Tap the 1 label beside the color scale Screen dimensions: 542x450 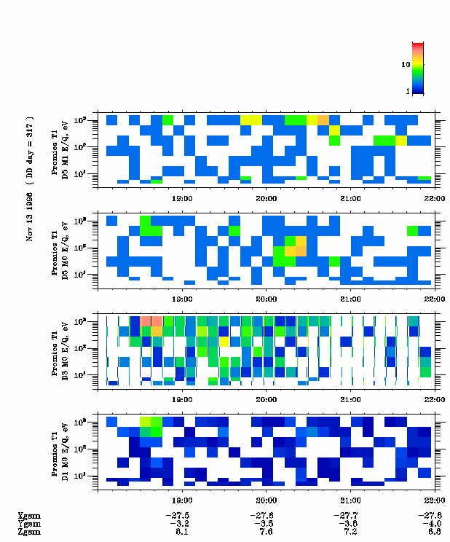[408, 92]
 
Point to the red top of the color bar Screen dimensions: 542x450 [418, 45]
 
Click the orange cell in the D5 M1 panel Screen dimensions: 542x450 [323, 119]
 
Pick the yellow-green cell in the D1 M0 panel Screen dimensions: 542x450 [145, 420]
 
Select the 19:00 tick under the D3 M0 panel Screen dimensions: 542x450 [181, 398]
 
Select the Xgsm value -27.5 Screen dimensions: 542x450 [181, 515]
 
